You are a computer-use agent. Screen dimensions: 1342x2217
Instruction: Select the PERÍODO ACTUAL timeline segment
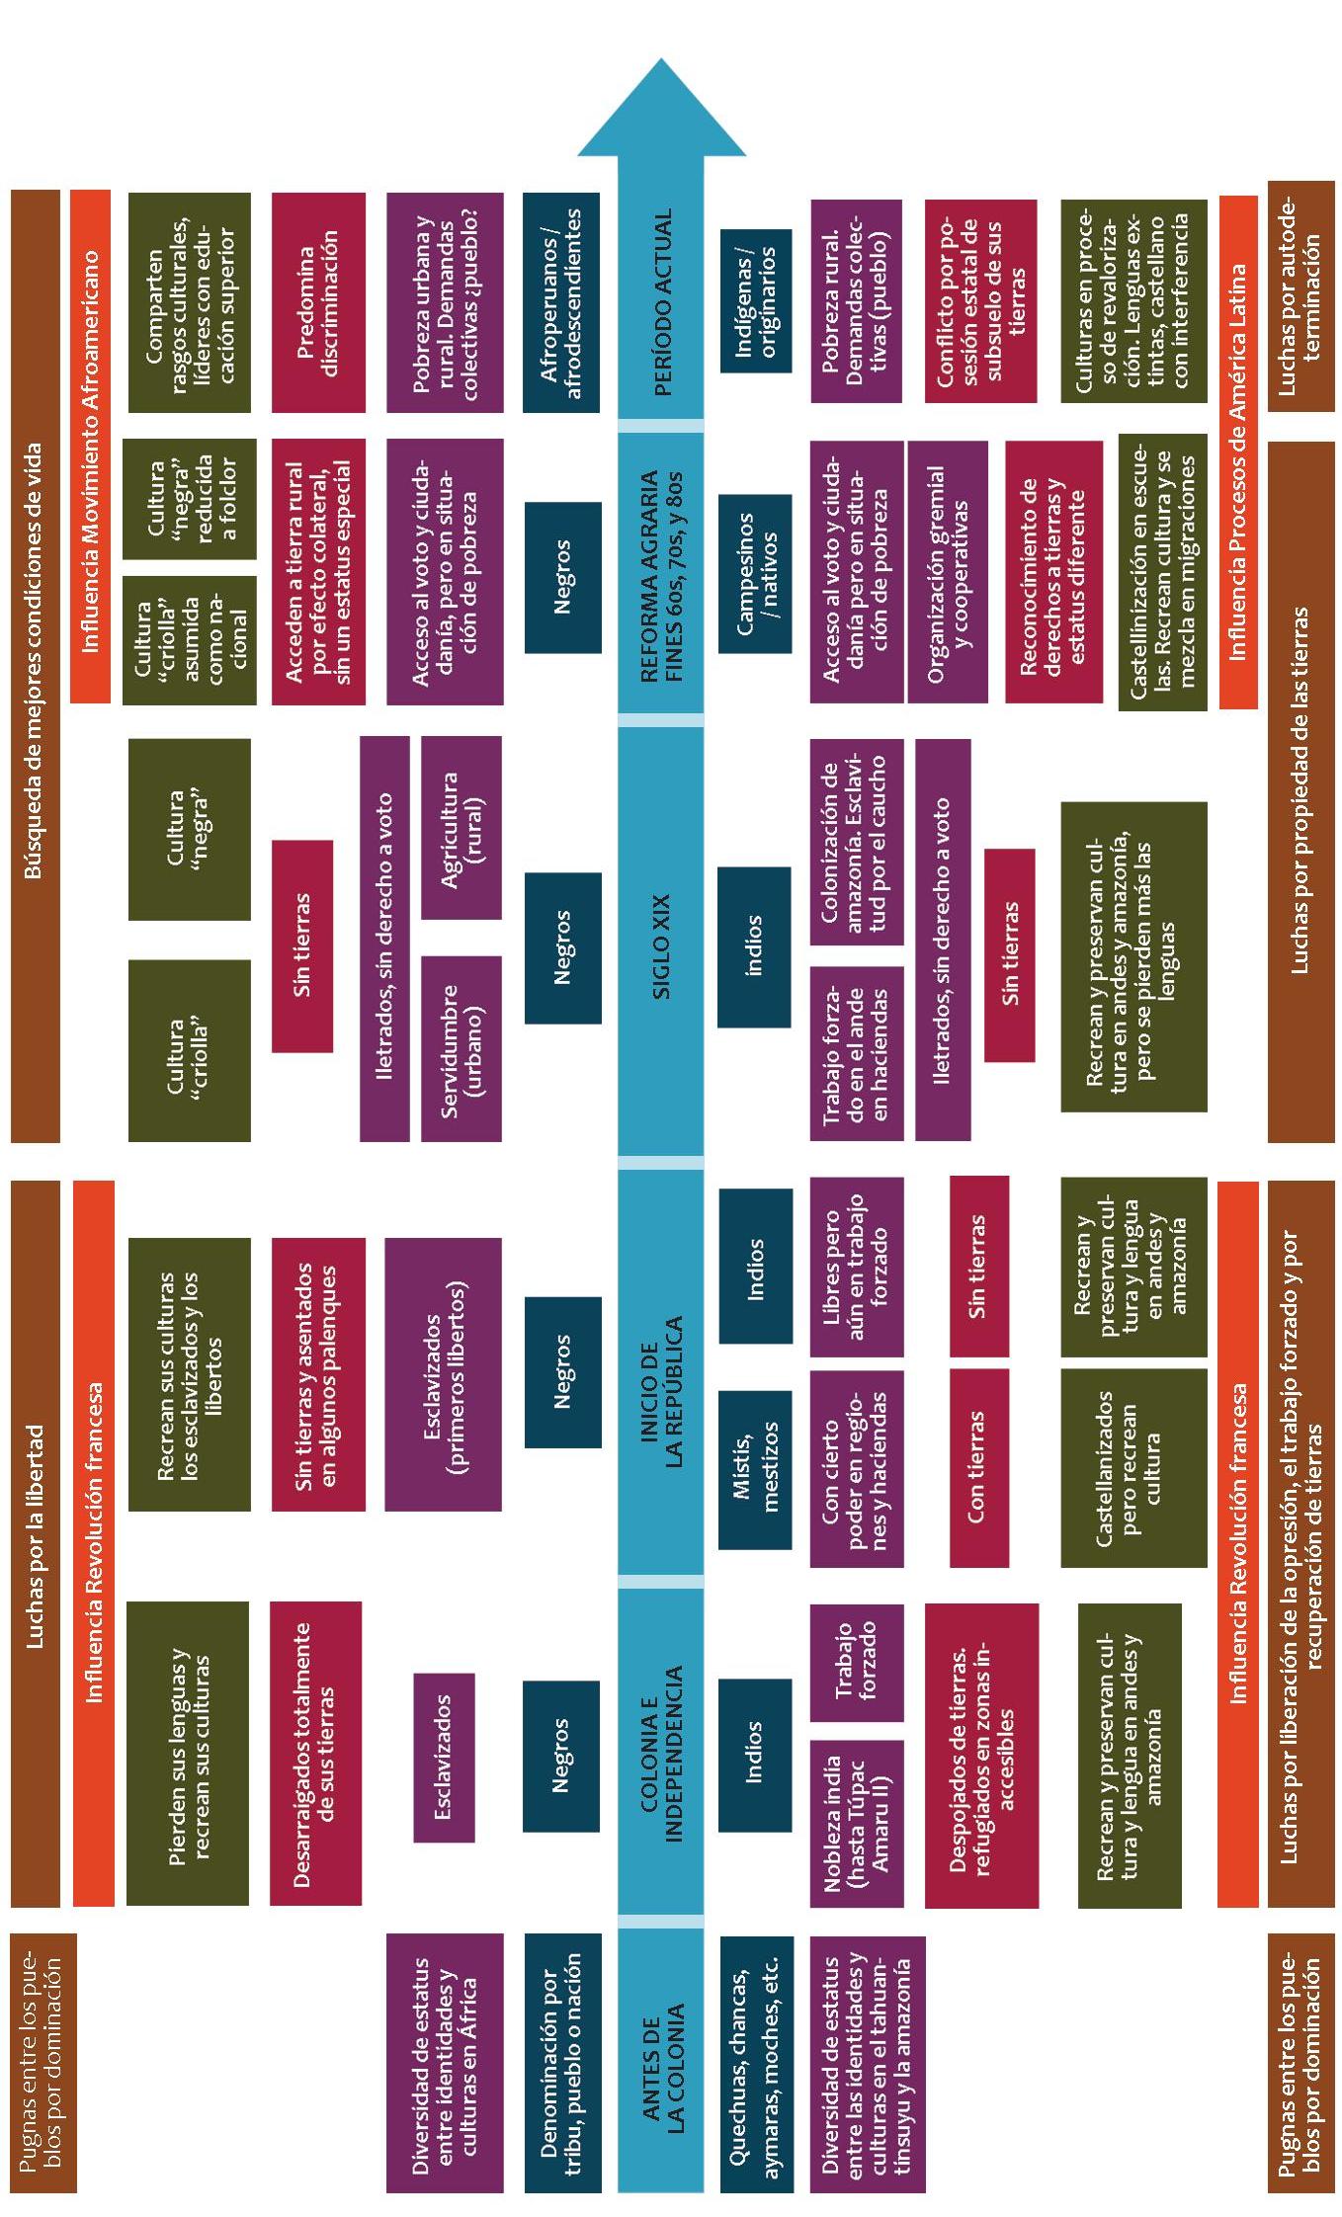pos(661,301)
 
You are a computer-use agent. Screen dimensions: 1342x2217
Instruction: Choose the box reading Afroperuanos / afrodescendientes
pos(561,302)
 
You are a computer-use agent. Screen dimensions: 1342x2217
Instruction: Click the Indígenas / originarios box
pos(755,300)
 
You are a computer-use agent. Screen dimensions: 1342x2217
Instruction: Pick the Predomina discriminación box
pos(317,302)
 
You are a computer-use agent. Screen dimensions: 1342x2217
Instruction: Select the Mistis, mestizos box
pos(755,1467)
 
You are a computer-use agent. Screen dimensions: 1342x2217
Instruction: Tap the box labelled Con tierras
pos(978,1467)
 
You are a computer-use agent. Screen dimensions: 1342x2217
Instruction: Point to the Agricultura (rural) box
pos(461,829)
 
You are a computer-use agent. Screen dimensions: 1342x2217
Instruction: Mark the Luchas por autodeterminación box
pos(1300,295)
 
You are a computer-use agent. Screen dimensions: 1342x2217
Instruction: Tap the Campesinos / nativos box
pos(755,573)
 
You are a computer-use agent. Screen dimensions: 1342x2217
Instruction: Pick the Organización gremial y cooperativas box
pos(947,572)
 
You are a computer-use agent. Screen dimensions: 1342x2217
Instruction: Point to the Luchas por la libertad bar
pos(35,1541)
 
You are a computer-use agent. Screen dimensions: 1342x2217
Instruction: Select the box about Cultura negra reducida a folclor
pos(189,499)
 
